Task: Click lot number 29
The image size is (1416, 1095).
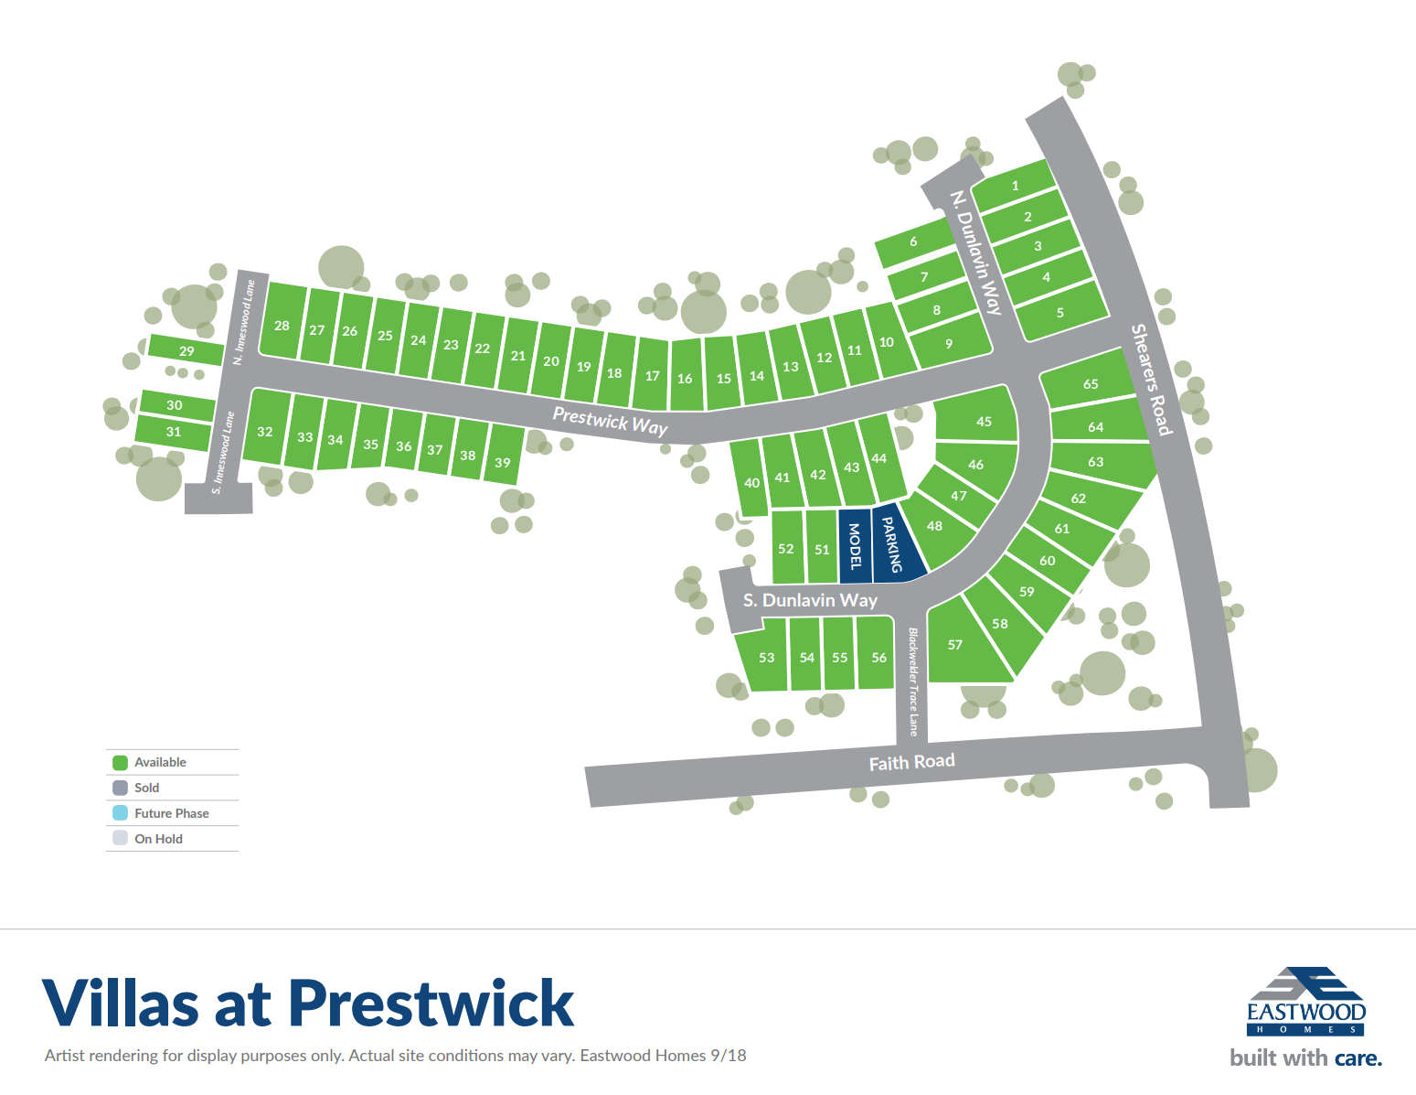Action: tap(186, 351)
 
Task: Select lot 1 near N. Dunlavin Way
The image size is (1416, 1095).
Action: tap(1015, 186)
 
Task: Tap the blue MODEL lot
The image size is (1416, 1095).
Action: tap(856, 546)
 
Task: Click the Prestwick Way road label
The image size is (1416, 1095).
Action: tap(610, 421)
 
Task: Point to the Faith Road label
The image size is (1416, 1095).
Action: tap(911, 762)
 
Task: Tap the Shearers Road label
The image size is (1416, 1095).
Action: tap(1151, 379)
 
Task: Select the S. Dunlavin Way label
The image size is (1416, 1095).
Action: tap(810, 600)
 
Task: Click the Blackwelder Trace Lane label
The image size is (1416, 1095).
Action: tap(912, 681)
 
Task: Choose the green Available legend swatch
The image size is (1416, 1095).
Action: tap(120, 762)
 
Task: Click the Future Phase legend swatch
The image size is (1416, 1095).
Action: tap(120, 813)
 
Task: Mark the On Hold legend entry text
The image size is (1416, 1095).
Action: tap(158, 839)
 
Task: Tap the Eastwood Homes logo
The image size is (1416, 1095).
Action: tap(1305, 1002)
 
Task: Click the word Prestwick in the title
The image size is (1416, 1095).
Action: tap(431, 1004)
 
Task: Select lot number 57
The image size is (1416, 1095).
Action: tap(955, 645)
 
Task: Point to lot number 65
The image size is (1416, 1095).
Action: tap(1091, 384)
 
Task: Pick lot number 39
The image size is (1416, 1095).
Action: tap(503, 463)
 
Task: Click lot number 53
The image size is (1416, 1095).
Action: tap(766, 658)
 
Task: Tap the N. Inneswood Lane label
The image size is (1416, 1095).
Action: tap(244, 322)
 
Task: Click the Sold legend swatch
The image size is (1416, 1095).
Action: tap(120, 788)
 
